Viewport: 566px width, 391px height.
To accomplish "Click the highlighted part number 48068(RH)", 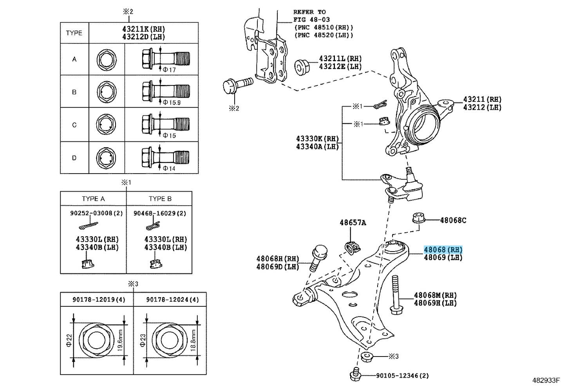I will click(443, 250).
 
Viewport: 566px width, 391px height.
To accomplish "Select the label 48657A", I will click(353, 223).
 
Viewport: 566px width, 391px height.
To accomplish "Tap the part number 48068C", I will click(453, 220).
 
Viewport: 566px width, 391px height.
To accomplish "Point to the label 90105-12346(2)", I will click(402, 376).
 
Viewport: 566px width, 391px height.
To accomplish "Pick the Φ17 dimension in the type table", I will click(169, 70).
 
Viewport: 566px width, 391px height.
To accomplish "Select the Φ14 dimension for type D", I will click(169, 168).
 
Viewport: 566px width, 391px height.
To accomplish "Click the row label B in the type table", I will click(74, 92).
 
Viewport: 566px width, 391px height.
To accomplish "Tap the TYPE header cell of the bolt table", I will click(74, 33).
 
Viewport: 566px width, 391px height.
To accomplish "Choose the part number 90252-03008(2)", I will click(96, 213).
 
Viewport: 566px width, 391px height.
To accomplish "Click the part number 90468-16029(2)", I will click(159, 213).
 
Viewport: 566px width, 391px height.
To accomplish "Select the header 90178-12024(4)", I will click(172, 299).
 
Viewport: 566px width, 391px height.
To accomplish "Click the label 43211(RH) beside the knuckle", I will click(482, 100).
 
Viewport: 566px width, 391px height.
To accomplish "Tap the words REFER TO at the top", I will click(309, 12).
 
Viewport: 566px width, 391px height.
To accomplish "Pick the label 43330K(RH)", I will click(317, 139).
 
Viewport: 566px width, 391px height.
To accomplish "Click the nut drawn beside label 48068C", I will click(418, 218).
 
